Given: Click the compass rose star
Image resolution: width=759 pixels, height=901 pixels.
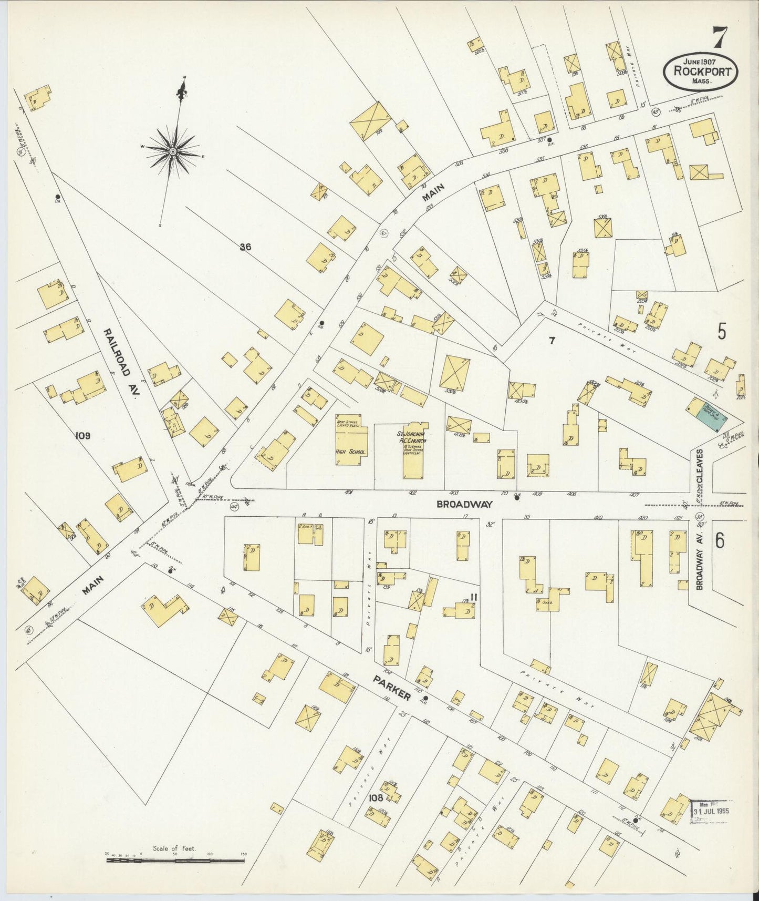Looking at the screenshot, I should click(x=172, y=151).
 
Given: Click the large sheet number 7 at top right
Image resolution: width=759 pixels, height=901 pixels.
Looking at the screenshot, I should click(x=720, y=37).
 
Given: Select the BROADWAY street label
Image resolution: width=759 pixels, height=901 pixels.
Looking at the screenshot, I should click(x=465, y=504).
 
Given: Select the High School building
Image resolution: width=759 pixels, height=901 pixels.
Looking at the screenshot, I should click(x=351, y=441).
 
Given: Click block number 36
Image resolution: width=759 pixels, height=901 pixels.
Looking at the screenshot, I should click(x=245, y=247).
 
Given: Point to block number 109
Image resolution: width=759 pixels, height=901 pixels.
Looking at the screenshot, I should click(x=83, y=435).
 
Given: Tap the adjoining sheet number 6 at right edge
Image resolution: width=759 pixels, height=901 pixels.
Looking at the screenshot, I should click(x=720, y=540).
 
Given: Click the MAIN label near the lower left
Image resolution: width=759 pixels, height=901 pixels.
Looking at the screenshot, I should click(x=93, y=585).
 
